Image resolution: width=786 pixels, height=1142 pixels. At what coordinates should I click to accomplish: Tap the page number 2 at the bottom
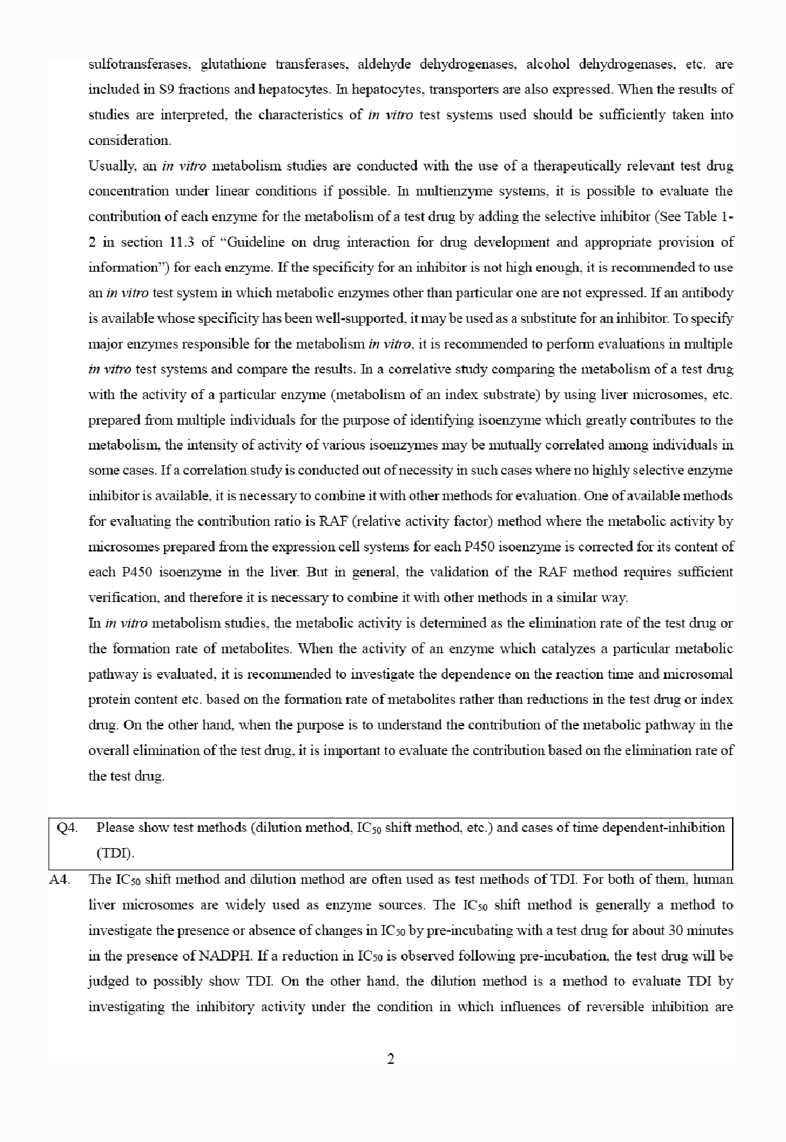[x=391, y=1059]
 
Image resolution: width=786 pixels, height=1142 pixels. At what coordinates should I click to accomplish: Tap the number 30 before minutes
[x=676, y=931]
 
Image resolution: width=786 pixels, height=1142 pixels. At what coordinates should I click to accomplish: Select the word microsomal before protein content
[x=702, y=675]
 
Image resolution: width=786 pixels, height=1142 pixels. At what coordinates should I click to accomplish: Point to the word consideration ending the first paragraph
[x=129, y=141]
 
